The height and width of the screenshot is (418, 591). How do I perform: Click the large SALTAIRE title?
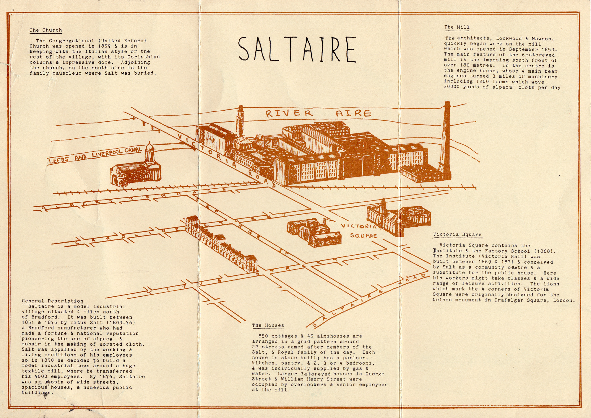coord(297,49)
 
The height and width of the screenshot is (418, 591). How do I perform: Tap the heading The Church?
coord(46,30)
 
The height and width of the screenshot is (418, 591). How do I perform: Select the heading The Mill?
coord(457,27)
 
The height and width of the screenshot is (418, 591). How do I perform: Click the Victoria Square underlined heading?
coord(457,235)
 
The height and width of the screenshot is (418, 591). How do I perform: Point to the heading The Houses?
coord(268,325)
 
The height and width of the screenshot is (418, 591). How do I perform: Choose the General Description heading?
coord(53,301)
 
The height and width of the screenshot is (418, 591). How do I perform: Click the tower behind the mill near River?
coord(240,121)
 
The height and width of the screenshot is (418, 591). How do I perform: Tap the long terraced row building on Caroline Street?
coord(220,244)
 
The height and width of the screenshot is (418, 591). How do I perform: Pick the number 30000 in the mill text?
coord(452,87)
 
